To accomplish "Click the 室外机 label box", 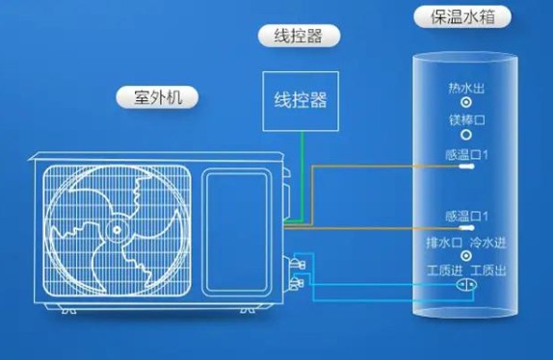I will click(155, 97).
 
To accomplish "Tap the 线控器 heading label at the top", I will click(290, 37).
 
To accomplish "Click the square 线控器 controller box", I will click(299, 99).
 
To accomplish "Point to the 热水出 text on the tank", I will click(465, 89).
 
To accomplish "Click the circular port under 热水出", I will click(466, 103).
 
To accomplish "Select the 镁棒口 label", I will click(465, 120).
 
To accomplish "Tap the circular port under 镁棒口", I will click(466, 136).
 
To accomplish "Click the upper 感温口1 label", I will click(466, 153).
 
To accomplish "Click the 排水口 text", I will click(444, 241).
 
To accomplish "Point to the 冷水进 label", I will click(487, 241).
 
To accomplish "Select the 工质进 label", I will click(444, 269).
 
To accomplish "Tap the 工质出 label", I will click(488, 269).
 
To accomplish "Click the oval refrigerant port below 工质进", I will click(465, 285).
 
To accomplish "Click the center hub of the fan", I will click(116, 229).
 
